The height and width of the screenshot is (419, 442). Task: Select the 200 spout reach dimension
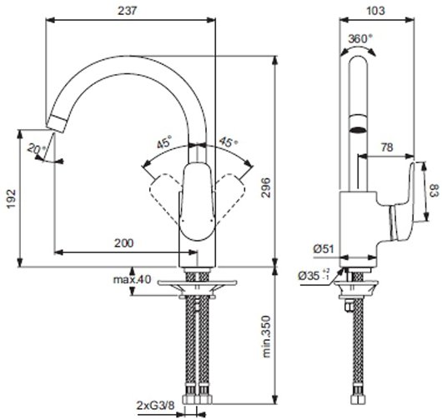[123, 242]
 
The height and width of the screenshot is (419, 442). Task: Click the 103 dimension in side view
[378, 11]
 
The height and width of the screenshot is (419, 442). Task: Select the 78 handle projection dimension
[387, 147]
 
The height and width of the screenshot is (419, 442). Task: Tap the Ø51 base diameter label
[324, 248]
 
